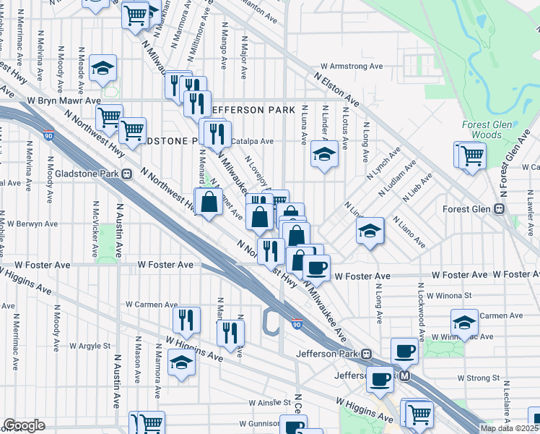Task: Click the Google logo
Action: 24,425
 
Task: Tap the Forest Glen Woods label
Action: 487,129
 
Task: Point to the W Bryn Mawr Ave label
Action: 64,101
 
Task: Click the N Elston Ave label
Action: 336,88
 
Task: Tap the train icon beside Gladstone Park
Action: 127,173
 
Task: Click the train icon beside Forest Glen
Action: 499,208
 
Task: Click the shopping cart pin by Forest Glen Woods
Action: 471,154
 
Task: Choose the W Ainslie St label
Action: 270,402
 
